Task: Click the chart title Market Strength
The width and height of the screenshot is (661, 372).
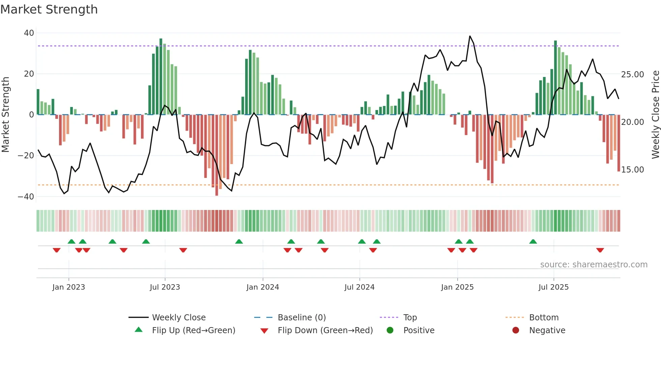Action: (49, 9)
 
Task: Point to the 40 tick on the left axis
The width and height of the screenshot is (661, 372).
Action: (29, 33)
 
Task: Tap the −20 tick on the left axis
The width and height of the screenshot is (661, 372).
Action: (26, 156)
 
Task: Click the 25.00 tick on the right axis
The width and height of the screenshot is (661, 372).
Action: (632, 75)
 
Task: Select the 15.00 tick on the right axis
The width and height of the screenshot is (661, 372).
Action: (632, 170)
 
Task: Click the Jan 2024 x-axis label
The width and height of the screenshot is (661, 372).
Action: (263, 287)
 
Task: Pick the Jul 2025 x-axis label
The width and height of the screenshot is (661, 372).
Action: (553, 287)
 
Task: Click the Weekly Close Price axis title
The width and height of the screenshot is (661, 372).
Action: (655, 115)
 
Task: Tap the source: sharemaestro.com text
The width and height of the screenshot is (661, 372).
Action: (594, 265)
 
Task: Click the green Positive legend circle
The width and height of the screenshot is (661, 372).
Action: (390, 330)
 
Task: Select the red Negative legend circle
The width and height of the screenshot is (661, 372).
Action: (516, 330)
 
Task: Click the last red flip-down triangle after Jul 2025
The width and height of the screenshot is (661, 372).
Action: (600, 250)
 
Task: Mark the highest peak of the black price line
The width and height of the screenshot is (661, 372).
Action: (470, 36)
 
